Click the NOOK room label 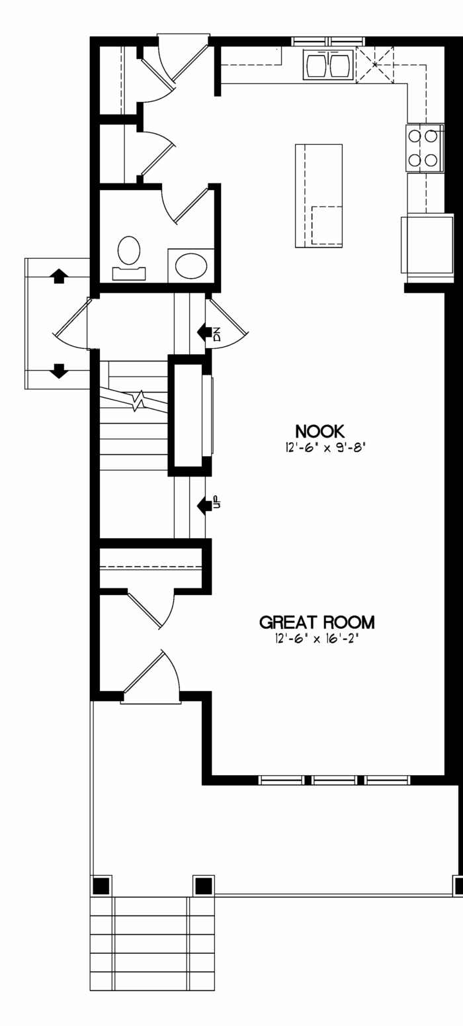pyautogui.click(x=319, y=432)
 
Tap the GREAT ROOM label pyautogui.click(x=317, y=622)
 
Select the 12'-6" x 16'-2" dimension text pyautogui.click(x=316, y=638)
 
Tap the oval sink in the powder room pyautogui.click(x=191, y=265)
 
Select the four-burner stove pyautogui.click(x=425, y=148)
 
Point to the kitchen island pyautogui.click(x=319, y=195)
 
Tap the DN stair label pyautogui.click(x=217, y=334)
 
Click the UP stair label pyautogui.click(x=217, y=502)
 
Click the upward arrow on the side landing pyautogui.click(x=59, y=276)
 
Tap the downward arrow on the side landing pyautogui.click(x=59, y=370)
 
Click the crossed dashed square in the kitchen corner pyautogui.click(x=375, y=65)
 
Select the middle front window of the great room pyautogui.click(x=337, y=780)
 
